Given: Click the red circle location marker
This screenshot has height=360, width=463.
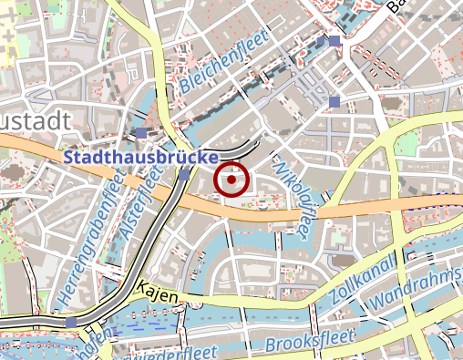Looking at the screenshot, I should tap(232, 180).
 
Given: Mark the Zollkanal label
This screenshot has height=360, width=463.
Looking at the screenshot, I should tap(365, 280).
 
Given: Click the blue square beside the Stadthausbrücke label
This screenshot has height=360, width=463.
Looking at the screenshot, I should tap(184, 174).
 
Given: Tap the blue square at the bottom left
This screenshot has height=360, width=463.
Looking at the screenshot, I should tap(71, 322).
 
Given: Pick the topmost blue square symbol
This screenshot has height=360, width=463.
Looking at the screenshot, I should tap(334, 41).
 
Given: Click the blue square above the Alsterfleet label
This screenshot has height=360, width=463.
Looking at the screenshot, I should tap(142, 133).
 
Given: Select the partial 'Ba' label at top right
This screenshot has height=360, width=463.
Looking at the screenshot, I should tap(398, 7).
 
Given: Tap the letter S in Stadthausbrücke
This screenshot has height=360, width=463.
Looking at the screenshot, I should tap(69, 157).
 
